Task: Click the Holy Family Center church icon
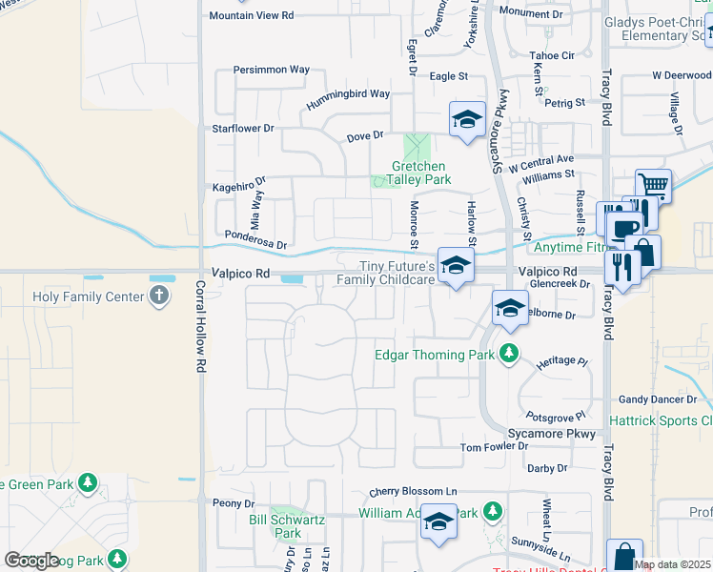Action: coord(159,296)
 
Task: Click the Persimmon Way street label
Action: coord(272,70)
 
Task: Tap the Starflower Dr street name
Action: coord(242,128)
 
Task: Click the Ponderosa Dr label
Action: coord(255,239)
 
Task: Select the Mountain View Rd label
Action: coord(252,16)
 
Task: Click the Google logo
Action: coord(32,560)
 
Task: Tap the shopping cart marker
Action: coord(653,184)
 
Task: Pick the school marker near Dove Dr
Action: coord(467,120)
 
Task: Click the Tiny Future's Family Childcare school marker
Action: coord(457,266)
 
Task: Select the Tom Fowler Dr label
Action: coord(494,447)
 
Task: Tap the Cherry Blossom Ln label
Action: coord(414,491)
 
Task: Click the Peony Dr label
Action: coord(234,503)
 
